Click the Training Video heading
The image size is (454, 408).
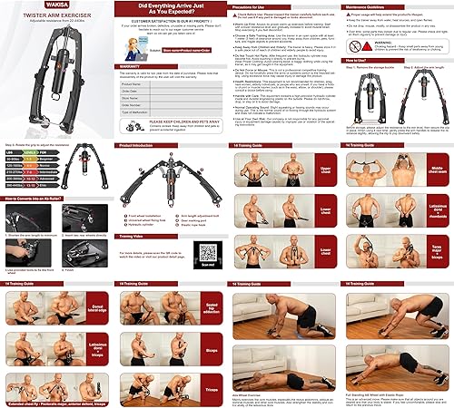point(133,235)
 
